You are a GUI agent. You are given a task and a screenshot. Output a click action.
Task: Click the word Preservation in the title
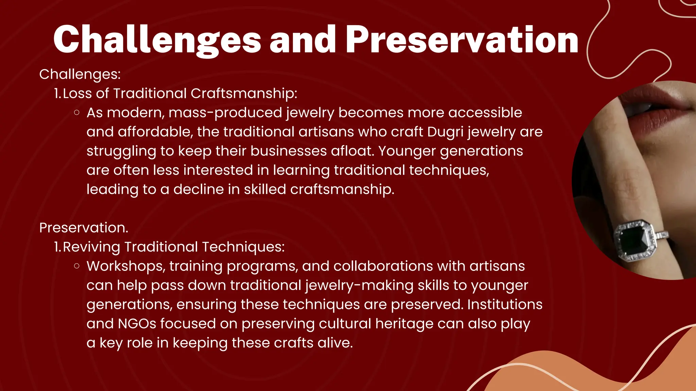pyautogui.click(x=462, y=40)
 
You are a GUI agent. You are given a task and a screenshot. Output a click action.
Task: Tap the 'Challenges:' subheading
pyautogui.click(x=80, y=74)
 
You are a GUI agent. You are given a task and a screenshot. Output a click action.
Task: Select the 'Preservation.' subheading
pyautogui.click(x=84, y=227)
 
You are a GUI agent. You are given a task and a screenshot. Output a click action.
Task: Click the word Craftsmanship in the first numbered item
pyautogui.click(x=244, y=93)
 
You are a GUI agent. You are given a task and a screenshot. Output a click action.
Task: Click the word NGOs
pyautogui.click(x=137, y=323)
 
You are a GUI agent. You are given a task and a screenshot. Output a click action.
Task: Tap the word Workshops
pyautogui.click(x=126, y=266)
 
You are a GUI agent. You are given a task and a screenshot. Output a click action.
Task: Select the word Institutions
pyautogui.click(x=505, y=304)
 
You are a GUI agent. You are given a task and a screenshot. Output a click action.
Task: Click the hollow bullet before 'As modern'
pyautogui.click(x=77, y=113)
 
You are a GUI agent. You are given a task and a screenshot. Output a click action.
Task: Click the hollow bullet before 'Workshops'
pyautogui.click(x=77, y=266)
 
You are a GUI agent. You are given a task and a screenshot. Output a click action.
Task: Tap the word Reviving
pyautogui.click(x=91, y=247)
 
